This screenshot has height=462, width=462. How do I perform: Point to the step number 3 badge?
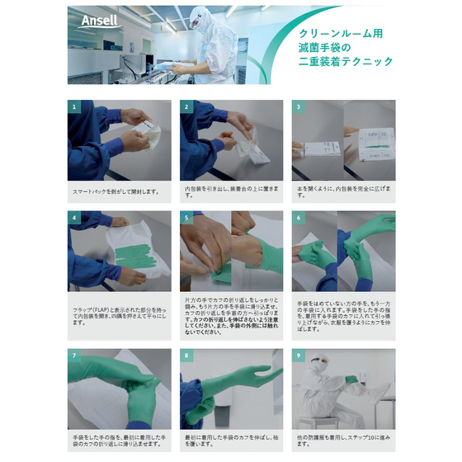[x=298, y=106]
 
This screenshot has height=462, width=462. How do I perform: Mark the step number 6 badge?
[x=298, y=218]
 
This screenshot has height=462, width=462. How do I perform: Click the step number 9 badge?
[x=298, y=355]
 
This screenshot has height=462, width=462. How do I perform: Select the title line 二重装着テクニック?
[x=346, y=61]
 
